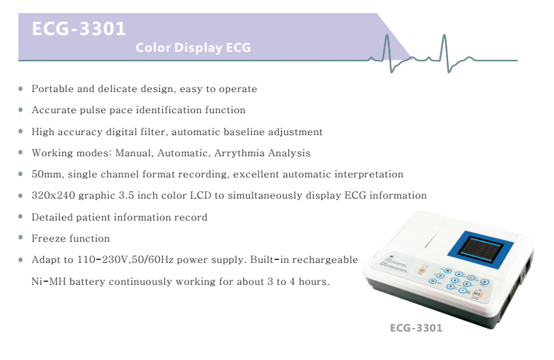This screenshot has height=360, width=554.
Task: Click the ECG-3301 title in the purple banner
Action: pyautogui.click(x=79, y=28)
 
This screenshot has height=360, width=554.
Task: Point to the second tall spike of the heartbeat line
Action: pyautogui.click(x=445, y=50)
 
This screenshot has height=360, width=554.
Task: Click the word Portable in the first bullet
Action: pyautogui.click(x=53, y=89)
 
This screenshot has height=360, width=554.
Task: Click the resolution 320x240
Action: pyautogui.click(x=53, y=196)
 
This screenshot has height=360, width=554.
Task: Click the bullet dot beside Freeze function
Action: pyautogui.click(x=20, y=237)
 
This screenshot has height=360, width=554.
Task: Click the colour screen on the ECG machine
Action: pyautogui.click(x=480, y=250)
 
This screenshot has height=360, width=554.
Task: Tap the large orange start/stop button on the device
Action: pyautogui.click(x=477, y=294)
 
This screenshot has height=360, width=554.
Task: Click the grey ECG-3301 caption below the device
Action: pyautogui.click(x=416, y=328)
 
